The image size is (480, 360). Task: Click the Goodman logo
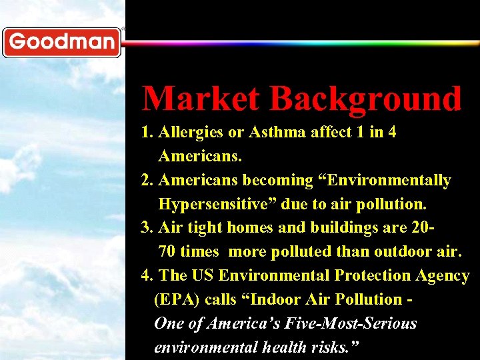(61, 42)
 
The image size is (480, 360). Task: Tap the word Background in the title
(366, 99)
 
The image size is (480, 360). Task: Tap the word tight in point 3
(204, 228)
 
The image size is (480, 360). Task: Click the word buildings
(342, 228)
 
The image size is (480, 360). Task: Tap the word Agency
(442, 276)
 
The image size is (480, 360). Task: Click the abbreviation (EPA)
(177, 300)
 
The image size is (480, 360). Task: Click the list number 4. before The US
(147, 276)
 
